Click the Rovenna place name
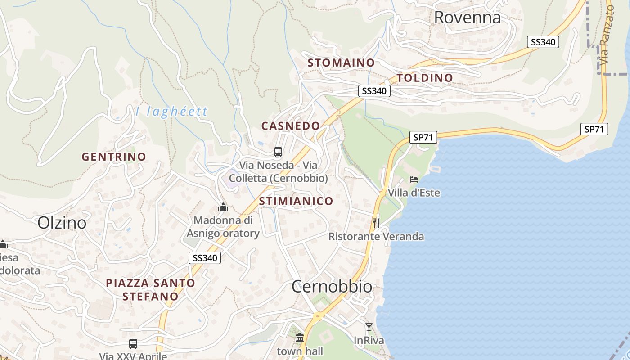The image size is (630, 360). pos(467,17)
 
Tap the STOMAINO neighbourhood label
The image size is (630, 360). pos(341,63)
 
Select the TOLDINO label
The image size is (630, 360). pos(425,78)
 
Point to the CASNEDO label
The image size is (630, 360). pos(291,126)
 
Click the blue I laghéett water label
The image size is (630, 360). pos(171,111)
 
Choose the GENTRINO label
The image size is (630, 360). pos(114,157)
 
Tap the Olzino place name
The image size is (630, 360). pos(62,223)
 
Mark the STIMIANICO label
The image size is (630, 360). pos(296,201)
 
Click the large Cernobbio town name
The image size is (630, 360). pos(332,286)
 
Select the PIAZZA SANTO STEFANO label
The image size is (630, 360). pos(150,289)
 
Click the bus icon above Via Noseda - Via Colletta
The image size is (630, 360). pos(278,152)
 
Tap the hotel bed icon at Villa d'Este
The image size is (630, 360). pos(414,180)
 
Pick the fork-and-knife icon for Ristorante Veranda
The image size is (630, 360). pos(376,222)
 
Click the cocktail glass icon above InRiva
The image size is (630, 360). pos(369,327)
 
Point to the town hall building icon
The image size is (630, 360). pos(300,337)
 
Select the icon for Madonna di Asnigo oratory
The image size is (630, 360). pos(223,207)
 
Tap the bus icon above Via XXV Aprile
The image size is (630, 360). pos(133,343)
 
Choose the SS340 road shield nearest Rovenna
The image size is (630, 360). pos(543,42)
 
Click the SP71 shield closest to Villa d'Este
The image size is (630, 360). pos(423,137)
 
